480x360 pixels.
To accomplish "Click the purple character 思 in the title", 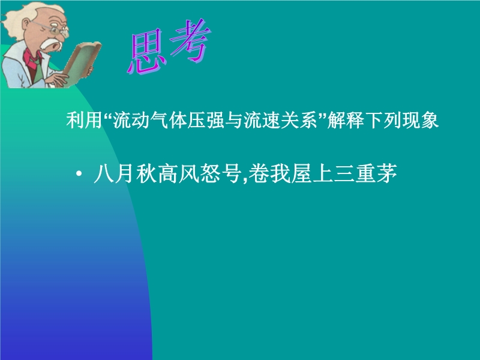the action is pos(147,52).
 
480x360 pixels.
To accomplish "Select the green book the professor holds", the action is pos(81,64).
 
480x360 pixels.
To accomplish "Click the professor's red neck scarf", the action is pos(32,58).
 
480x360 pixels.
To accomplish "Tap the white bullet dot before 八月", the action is pos(79,174).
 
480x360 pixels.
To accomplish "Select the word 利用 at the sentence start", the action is pos(84,120).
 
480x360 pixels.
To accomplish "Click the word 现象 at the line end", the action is pos(421,120).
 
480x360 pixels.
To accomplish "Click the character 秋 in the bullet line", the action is pos(146,173).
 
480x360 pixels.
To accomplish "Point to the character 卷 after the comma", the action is pos(258,173).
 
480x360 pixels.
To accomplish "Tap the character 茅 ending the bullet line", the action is pos(387,173).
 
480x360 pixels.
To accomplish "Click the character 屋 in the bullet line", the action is pos(301,173).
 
